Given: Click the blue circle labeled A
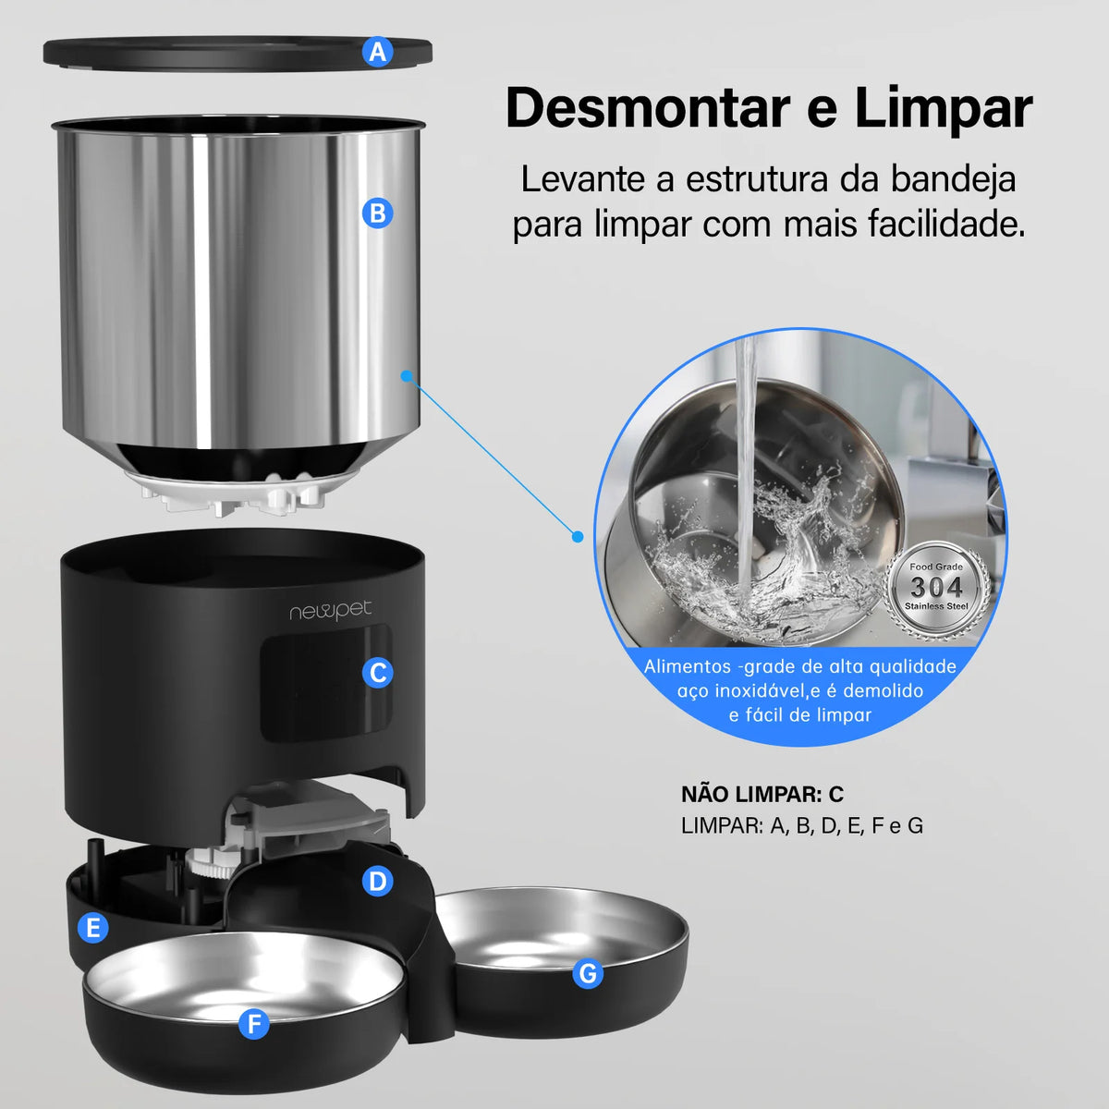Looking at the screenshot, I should point(377,53).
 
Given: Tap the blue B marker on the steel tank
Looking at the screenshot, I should point(377,213).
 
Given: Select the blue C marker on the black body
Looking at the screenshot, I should point(377,673).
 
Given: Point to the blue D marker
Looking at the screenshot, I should point(377,882).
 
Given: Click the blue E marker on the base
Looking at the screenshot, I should point(92,928).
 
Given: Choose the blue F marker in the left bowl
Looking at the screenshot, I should point(253,1023).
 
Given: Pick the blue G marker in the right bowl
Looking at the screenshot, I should point(588,973).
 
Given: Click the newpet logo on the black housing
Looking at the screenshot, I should point(330,611).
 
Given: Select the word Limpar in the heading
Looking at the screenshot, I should point(943,109).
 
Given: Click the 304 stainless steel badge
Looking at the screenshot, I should point(936,586).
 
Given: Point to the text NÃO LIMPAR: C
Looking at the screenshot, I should point(762,795).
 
